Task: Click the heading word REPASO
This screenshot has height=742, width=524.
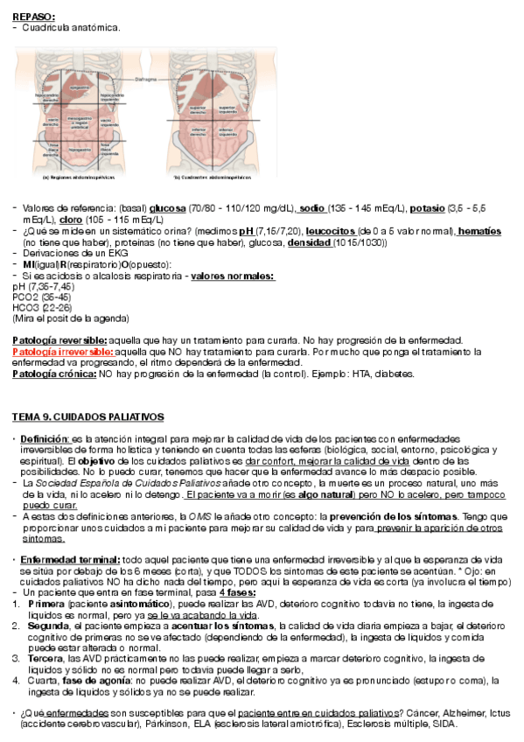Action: coord(33,17)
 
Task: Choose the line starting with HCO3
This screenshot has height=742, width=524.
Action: coord(34,307)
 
